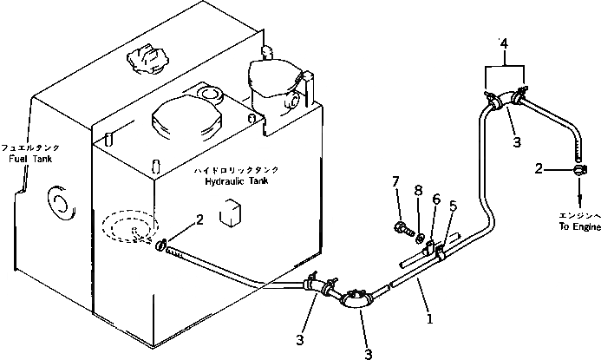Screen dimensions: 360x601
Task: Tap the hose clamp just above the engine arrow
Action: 573,170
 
